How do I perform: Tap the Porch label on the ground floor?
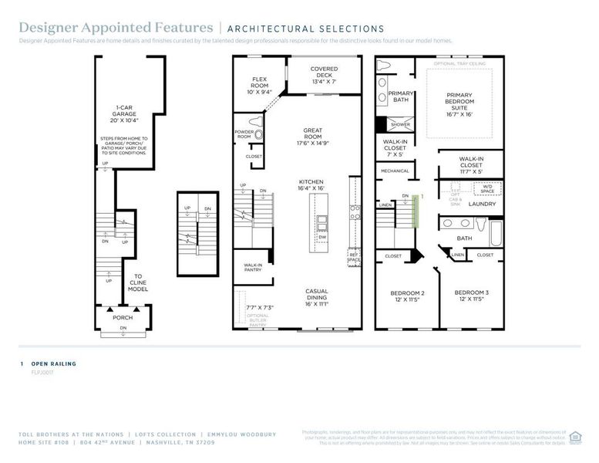coord(123,317)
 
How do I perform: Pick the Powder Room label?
coord(244,134)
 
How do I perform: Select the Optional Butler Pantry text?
coord(258,320)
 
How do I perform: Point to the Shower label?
coord(400,124)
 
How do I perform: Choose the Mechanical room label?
coord(395,171)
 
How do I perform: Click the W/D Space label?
coord(488,188)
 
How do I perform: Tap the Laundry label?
coord(482,204)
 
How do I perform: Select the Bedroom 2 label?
coord(405,296)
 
